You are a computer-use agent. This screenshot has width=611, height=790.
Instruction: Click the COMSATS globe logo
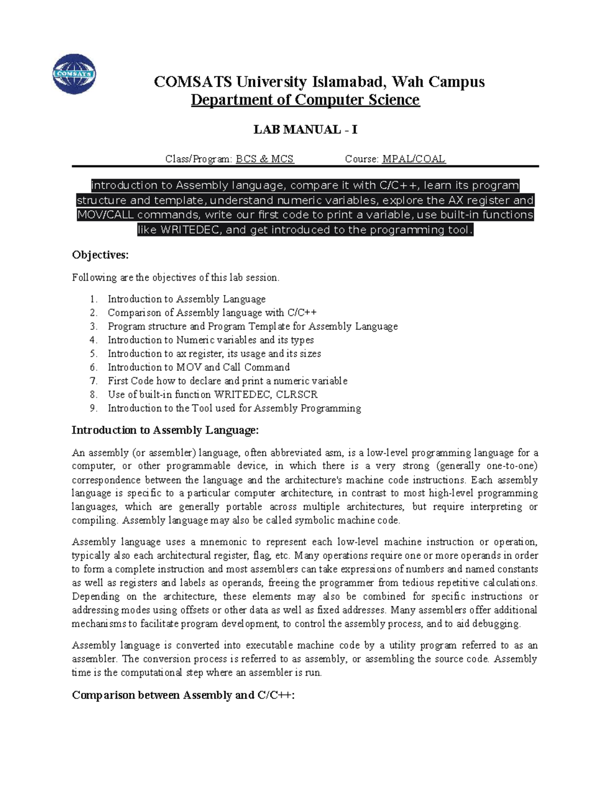click(74, 74)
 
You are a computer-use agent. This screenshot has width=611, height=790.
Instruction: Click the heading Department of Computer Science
click(305, 100)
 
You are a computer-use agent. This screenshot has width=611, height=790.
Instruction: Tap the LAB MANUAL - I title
click(305, 130)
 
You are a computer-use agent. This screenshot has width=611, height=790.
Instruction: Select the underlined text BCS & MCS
click(264, 159)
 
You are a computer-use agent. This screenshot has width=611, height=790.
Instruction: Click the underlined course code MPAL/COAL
click(413, 159)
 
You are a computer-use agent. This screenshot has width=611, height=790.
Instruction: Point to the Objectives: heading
click(100, 255)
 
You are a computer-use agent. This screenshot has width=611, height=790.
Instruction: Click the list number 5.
click(93, 354)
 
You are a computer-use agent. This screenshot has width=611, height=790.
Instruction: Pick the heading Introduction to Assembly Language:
click(165, 430)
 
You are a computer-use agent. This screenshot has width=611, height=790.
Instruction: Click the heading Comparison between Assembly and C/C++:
click(183, 695)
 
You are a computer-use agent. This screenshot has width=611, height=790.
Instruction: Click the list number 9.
click(93, 408)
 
